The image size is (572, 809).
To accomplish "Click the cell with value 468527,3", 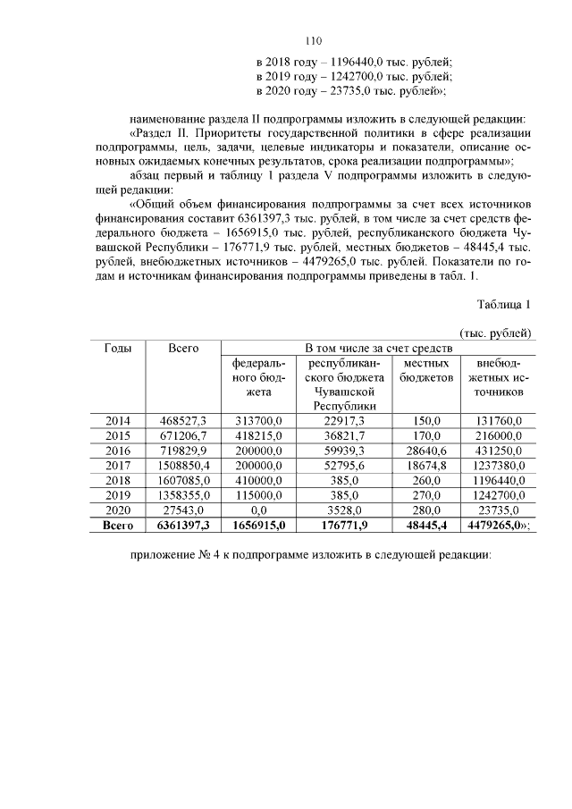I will coord(183,420).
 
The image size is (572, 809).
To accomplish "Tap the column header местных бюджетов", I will coord(425,371).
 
